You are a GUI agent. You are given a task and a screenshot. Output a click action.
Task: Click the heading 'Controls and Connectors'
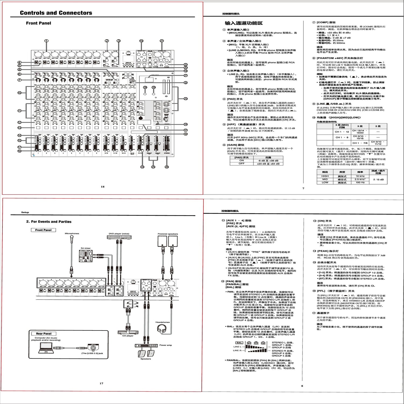[x=56, y=13]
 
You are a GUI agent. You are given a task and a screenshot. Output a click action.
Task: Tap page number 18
[x=103, y=187]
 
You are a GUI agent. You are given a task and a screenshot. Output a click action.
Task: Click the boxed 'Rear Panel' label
[x=44, y=333]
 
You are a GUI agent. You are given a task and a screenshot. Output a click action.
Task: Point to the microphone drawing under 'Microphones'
[x=72, y=240]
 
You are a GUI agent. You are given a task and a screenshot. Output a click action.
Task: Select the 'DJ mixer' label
[x=86, y=248]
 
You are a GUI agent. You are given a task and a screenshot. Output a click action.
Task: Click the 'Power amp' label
[x=165, y=345]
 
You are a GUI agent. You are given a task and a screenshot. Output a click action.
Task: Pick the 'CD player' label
[x=128, y=336]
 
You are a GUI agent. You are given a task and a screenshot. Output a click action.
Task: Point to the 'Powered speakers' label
[x=168, y=234]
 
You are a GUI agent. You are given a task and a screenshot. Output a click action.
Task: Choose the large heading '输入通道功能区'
[x=244, y=23]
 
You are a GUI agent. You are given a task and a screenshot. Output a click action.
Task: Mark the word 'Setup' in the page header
[x=25, y=212]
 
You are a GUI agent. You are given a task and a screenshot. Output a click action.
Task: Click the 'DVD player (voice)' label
[x=119, y=234]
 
